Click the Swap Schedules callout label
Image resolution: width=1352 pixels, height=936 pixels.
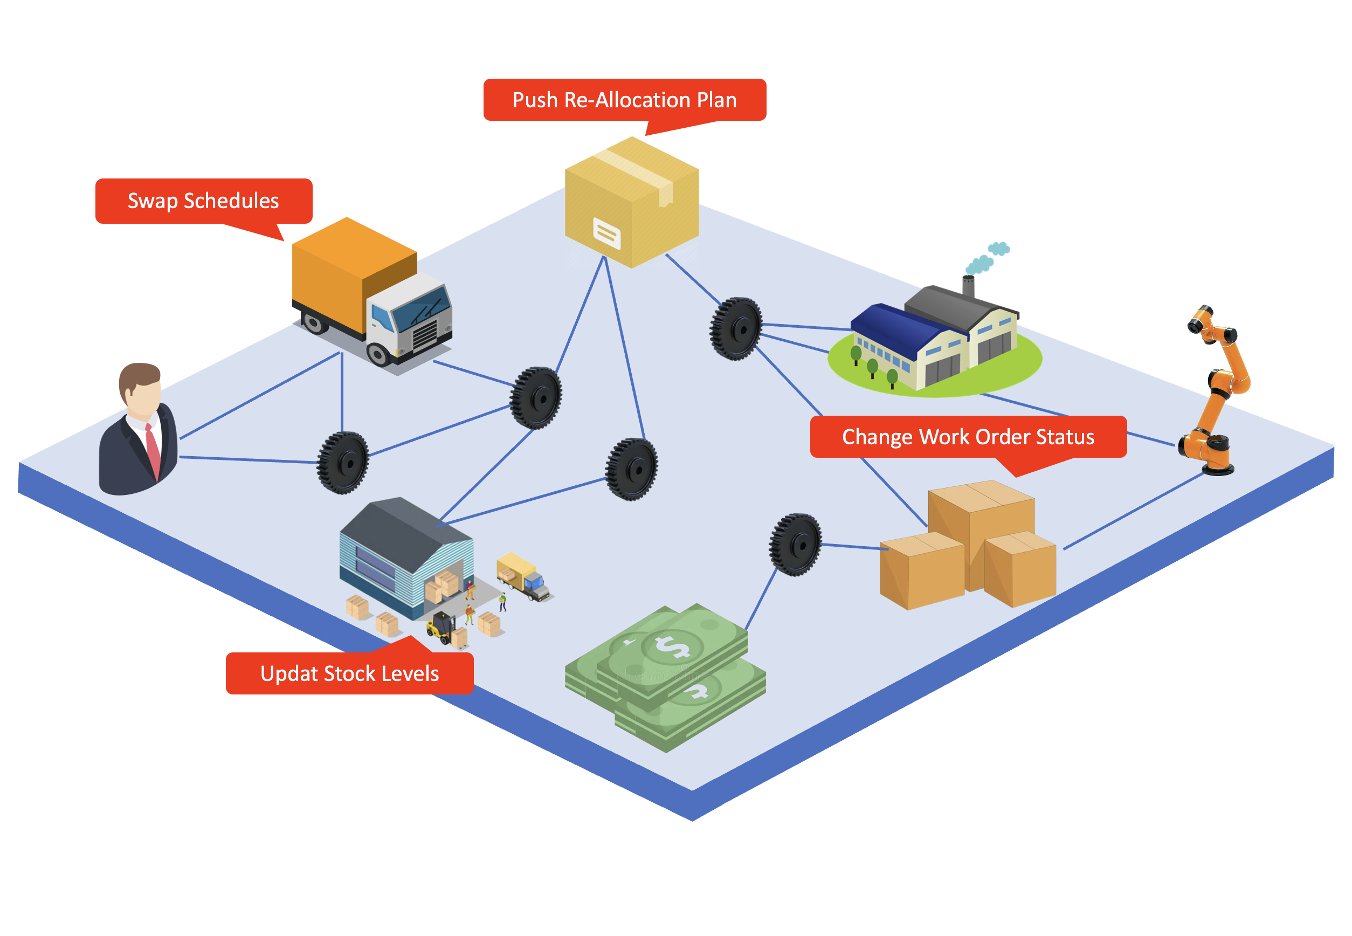(203, 201)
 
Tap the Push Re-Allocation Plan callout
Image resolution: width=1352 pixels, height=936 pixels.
(624, 100)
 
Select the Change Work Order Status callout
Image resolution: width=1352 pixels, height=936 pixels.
(968, 437)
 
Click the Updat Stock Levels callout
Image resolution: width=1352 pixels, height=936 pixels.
(349, 673)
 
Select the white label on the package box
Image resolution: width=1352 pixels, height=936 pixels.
(606, 233)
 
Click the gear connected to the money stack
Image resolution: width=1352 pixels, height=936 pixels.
(795, 544)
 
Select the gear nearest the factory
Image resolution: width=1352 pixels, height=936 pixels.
(736, 328)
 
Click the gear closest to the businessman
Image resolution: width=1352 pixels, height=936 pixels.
(343, 463)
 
